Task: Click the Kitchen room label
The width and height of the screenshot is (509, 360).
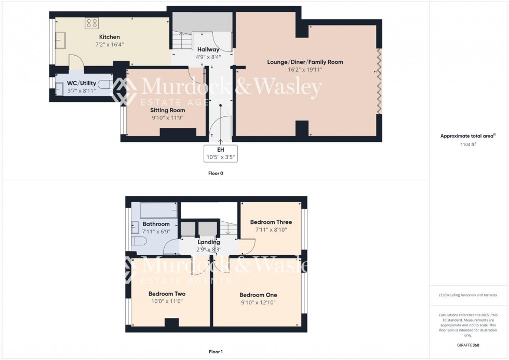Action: [110, 37]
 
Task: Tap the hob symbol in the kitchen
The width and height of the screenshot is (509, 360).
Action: [92, 23]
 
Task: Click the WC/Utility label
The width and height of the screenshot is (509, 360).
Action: [82, 83]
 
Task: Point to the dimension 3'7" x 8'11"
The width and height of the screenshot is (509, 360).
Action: [82, 91]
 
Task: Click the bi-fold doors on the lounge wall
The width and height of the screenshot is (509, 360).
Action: [379, 81]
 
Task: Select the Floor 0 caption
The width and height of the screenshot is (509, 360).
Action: [216, 173]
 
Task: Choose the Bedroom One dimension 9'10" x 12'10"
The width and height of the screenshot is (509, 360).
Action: [258, 303]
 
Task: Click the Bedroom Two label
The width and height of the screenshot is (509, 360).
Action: [167, 293]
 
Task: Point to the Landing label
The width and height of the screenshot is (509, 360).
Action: [209, 242]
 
